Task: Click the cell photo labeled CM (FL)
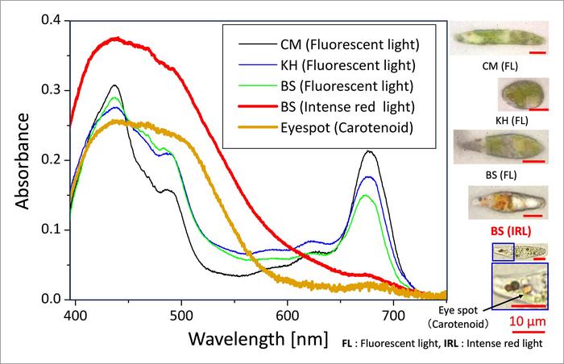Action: [487, 36]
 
